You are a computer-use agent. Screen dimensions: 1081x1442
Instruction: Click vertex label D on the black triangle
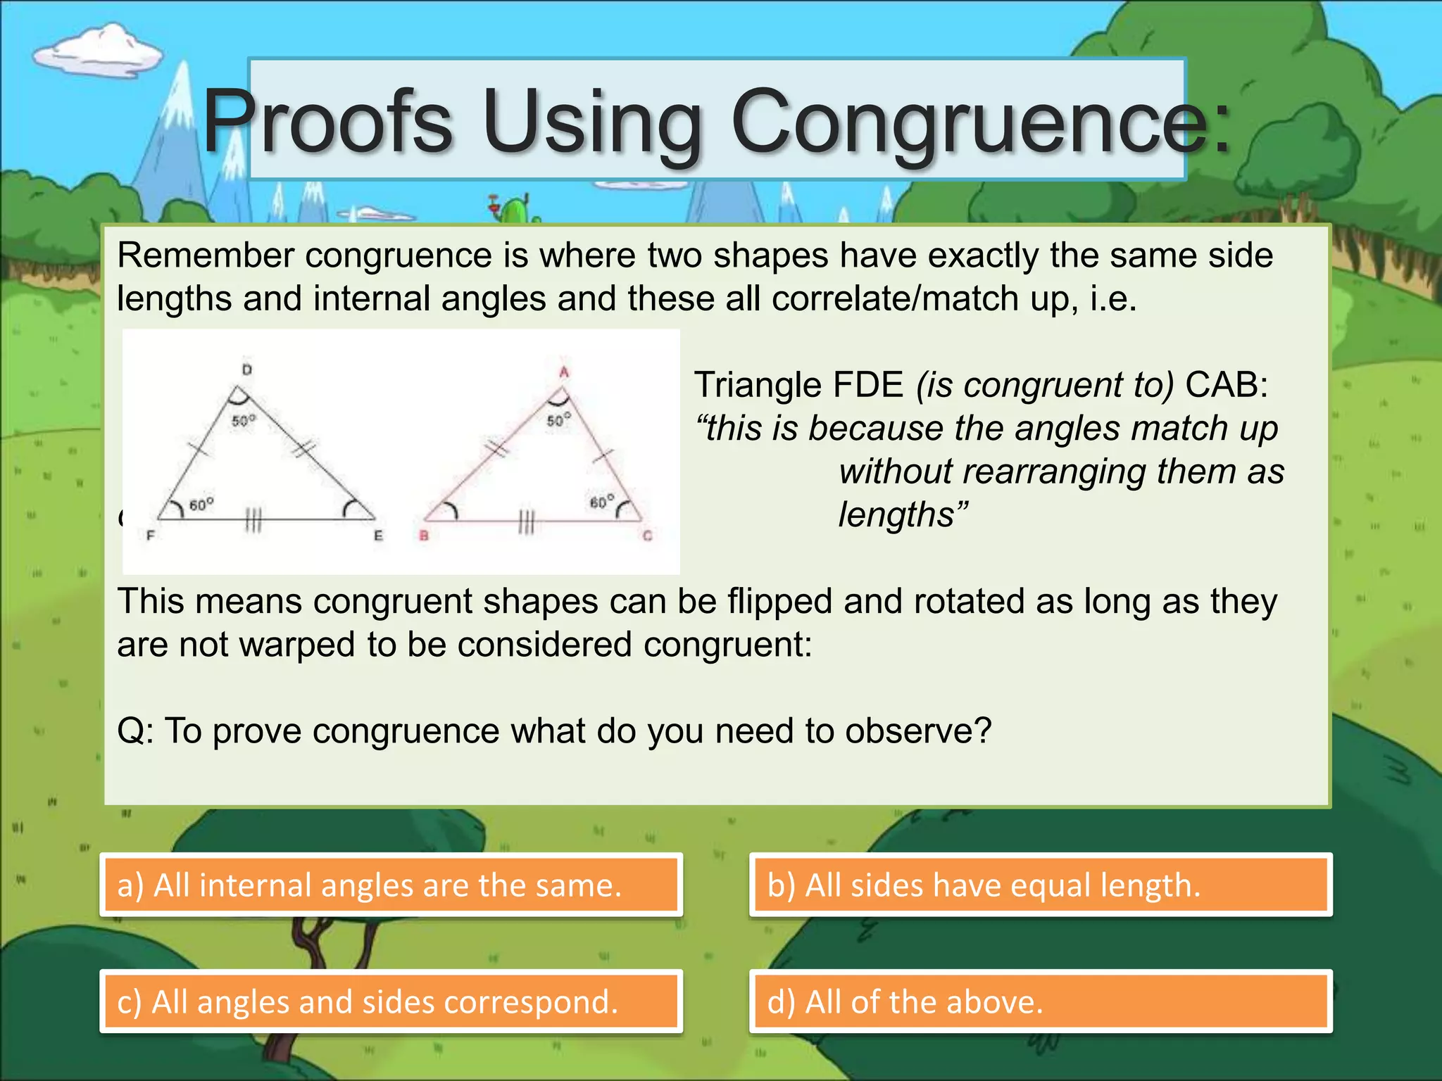[247, 369]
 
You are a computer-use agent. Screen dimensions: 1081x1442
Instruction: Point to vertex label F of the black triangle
[150, 536]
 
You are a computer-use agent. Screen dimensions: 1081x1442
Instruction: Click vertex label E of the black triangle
[378, 536]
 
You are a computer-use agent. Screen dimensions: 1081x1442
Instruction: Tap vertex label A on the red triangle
[563, 372]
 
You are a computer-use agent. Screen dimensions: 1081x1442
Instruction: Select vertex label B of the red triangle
[424, 536]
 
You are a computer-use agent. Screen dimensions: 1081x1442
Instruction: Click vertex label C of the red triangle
[647, 536]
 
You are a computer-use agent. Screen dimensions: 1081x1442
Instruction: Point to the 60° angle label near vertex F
[201, 505]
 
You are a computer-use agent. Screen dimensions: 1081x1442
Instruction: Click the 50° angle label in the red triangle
[559, 420]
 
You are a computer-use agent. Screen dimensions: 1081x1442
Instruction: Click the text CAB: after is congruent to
[1227, 385]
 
